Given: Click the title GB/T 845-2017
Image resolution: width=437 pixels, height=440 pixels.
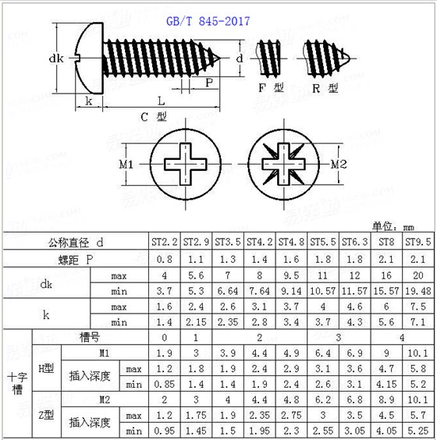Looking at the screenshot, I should (208, 22).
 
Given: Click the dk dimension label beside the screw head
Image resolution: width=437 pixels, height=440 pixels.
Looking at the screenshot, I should (55, 58).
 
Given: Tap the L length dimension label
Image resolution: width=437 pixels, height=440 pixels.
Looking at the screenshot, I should (160, 101).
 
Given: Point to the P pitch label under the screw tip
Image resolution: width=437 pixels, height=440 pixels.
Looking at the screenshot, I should (209, 82).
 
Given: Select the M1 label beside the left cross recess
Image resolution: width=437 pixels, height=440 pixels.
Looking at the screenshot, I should (128, 165).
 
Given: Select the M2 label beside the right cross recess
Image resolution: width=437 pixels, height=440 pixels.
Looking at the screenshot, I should (338, 165).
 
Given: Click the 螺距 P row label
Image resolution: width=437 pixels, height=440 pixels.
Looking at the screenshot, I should (78, 259).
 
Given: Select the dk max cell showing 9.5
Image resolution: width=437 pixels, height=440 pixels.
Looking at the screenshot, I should (291, 275).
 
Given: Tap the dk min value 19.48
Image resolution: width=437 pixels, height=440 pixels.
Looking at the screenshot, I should (418, 291).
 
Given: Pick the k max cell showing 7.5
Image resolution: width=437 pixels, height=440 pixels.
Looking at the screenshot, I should (418, 307).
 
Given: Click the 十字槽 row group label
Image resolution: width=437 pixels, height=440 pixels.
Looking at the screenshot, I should (17, 383).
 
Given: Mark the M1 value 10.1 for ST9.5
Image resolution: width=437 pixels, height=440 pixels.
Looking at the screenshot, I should (418, 353).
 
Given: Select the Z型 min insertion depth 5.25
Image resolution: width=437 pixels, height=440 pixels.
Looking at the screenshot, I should (418, 430).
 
